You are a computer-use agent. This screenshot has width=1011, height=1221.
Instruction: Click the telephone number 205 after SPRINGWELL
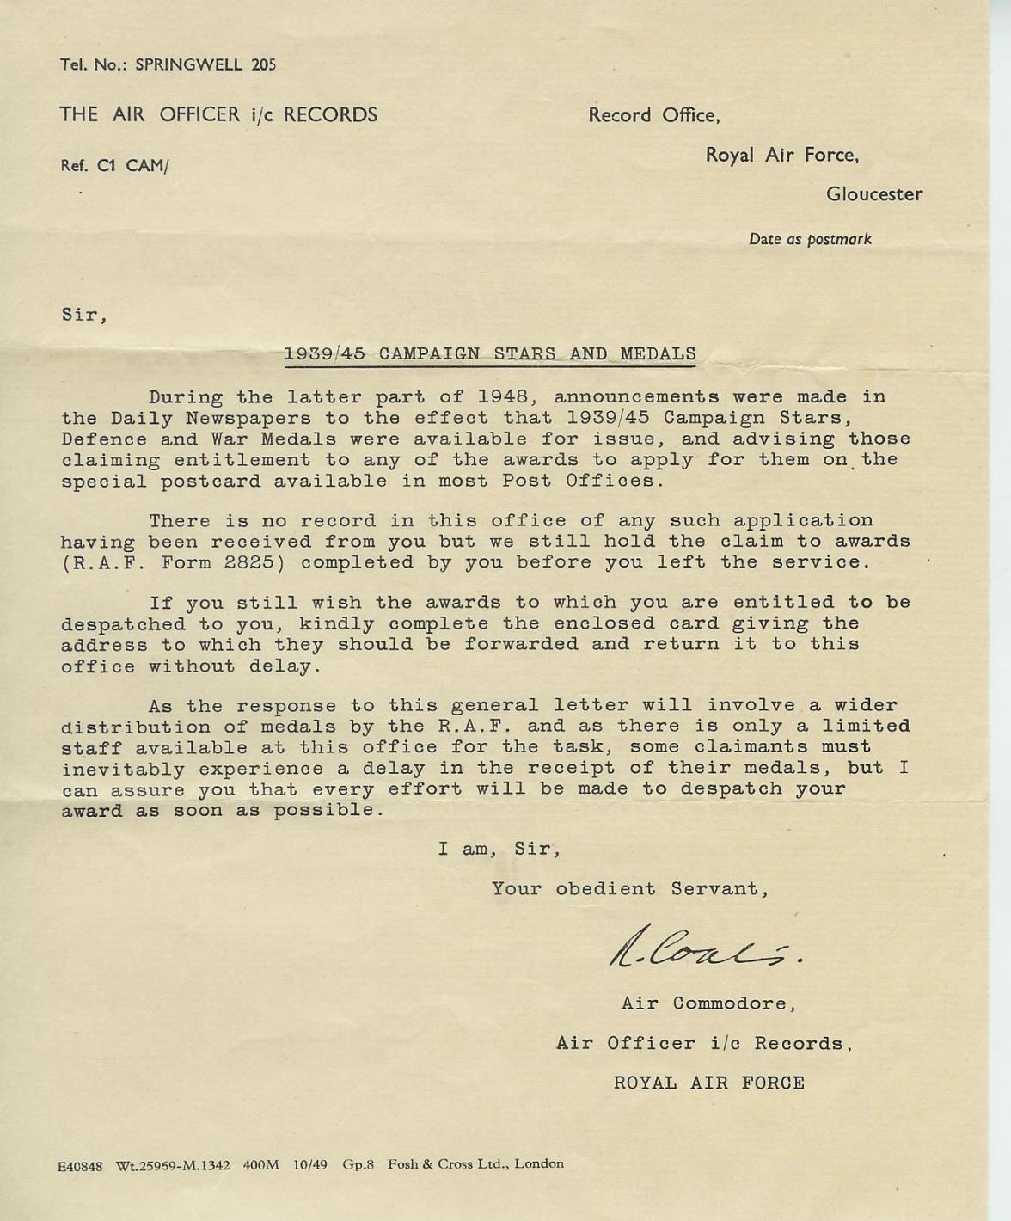pos(264,64)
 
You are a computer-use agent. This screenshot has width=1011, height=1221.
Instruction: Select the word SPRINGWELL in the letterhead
pos(189,64)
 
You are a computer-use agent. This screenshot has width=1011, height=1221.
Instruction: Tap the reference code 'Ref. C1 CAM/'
pos(114,166)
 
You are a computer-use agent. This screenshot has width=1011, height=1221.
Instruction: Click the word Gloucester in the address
pos(874,194)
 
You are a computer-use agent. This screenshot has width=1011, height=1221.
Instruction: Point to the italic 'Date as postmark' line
pos(809,239)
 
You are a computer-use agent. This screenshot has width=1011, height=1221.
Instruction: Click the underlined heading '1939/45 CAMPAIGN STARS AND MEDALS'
pos(489,353)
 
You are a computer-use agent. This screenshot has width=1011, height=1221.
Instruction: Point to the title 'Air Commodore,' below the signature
pos(708,1003)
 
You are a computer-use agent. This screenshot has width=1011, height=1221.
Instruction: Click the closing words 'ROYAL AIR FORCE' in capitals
pos(708,1083)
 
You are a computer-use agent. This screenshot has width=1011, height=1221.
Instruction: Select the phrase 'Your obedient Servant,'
pos(629,889)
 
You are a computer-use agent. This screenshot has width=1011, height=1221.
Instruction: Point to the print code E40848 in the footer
pos(80,1166)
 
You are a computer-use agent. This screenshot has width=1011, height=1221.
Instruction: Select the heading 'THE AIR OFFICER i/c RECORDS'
pos(218,114)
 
